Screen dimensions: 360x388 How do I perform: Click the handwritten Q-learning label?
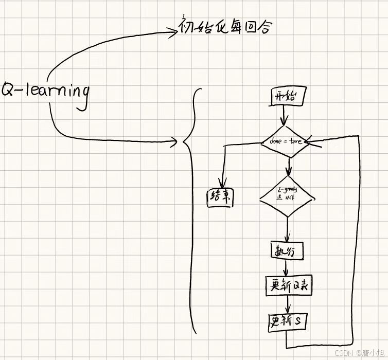click(x=45, y=92)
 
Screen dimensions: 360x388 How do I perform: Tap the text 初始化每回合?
click(x=225, y=27)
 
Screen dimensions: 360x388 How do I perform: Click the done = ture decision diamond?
click(x=285, y=141)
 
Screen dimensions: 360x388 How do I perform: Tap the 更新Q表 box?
click(x=288, y=286)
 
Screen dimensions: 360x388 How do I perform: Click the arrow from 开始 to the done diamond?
click(x=284, y=115)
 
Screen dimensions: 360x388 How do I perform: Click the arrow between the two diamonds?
click(x=289, y=166)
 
